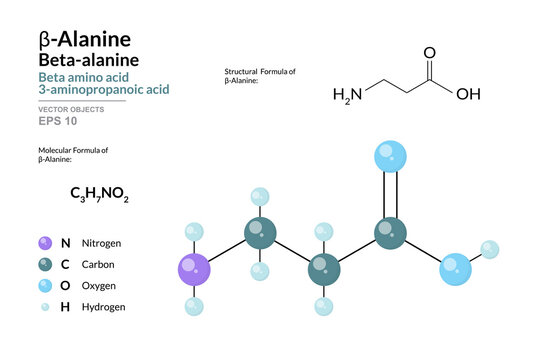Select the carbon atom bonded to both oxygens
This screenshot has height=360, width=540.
(x=390, y=234)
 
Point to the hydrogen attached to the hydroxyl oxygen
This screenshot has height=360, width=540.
(x=489, y=249)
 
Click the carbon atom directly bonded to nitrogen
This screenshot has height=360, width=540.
(x=260, y=235)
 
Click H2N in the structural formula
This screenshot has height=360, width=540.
(x=346, y=96)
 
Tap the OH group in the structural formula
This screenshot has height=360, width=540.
(x=468, y=96)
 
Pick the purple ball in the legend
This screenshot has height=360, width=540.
(x=43, y=242)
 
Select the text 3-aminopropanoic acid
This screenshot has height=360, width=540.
(x=103, y=88)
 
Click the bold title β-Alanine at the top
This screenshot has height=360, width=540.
(x=84, y=38)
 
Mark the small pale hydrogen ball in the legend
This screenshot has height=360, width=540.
(x=43, y=307)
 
